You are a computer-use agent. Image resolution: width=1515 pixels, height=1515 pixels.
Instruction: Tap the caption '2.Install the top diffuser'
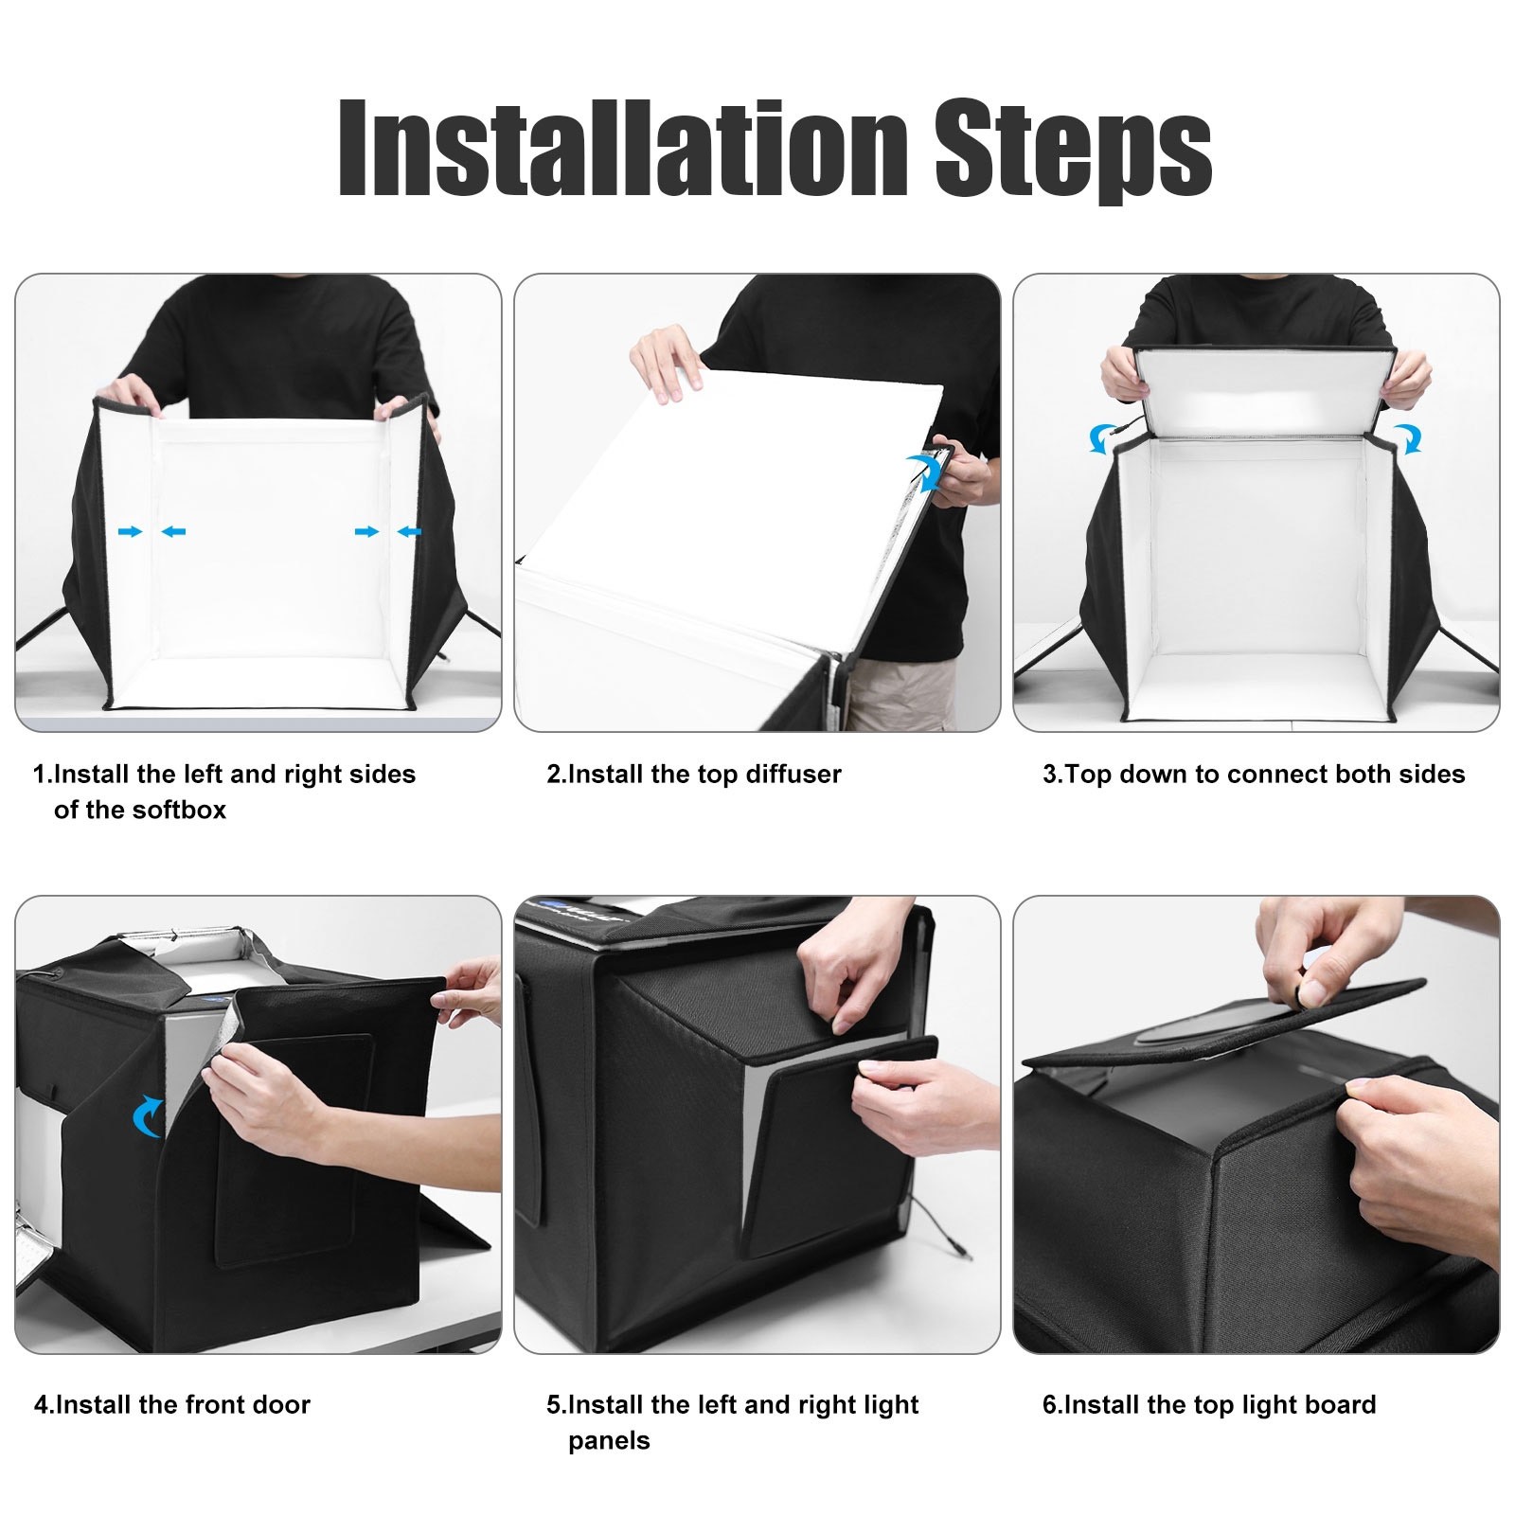pyautogui.click(x=693, y=775)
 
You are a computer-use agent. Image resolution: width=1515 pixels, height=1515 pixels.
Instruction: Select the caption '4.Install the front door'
pyautogui.click(x=172, y=1404)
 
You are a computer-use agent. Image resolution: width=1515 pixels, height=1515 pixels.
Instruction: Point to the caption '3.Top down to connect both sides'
pyautogui.click(x=1254, y=775)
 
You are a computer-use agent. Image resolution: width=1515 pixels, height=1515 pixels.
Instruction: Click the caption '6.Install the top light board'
pyautogui.click(x=1209, y=1405)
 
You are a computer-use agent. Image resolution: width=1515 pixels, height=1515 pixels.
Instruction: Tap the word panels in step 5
pyautogui.click(x=609, y=1442)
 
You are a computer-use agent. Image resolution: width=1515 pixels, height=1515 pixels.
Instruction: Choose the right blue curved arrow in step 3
pyautogui.click(x=1407, y=438)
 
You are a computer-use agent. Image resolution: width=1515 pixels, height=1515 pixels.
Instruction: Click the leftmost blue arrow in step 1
pyautogui.click(x=130, y=531)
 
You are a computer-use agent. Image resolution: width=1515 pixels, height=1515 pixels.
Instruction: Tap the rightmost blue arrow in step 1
pyautogui.click(x=409, y=532)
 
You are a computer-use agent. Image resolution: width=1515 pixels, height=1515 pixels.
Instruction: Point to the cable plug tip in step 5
pyautogui.click(x=968, y=1257)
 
